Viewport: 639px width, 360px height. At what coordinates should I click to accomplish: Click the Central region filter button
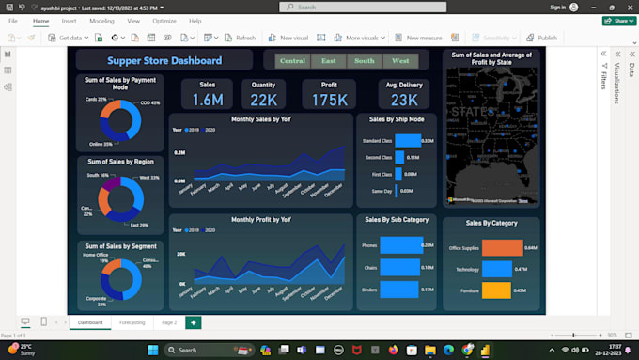click(x=293, y=61)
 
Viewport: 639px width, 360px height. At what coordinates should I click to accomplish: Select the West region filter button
click(x=400, y=61)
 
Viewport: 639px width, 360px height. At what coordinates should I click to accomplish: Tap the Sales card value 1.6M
click(x=208, y=100)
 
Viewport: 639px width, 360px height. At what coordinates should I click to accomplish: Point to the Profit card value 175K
click(x=329, y=100)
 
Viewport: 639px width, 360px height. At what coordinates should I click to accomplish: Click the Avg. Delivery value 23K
click(x=404, y=100)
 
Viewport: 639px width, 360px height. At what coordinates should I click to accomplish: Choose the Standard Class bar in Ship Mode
click(x=408, y=141)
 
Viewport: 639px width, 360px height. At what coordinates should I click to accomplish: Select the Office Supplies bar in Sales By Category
click(x=503, y=248)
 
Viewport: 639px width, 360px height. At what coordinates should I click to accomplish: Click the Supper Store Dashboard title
click(x=164, y=61)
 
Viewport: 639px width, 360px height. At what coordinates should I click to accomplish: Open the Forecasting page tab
click(x=132, y=322)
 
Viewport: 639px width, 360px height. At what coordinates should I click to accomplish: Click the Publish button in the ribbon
click(x=542, y=38)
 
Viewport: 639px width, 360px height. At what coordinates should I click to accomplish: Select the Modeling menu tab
click(x=101, y=20)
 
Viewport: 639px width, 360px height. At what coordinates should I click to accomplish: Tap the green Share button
click(x=616, y=20)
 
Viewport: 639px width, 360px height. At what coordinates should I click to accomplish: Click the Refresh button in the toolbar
click(x=240, y=38)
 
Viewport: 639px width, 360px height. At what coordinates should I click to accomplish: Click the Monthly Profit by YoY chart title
click(x=261, y=219)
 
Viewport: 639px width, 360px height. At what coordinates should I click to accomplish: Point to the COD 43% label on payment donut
click(x=149, y=102)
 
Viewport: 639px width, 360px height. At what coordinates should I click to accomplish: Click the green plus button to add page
click(x=194, y=322)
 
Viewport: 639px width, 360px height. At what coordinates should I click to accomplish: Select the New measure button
click(x=419, y=38)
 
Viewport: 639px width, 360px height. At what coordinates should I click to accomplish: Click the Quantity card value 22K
click(x=264, y=100)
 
